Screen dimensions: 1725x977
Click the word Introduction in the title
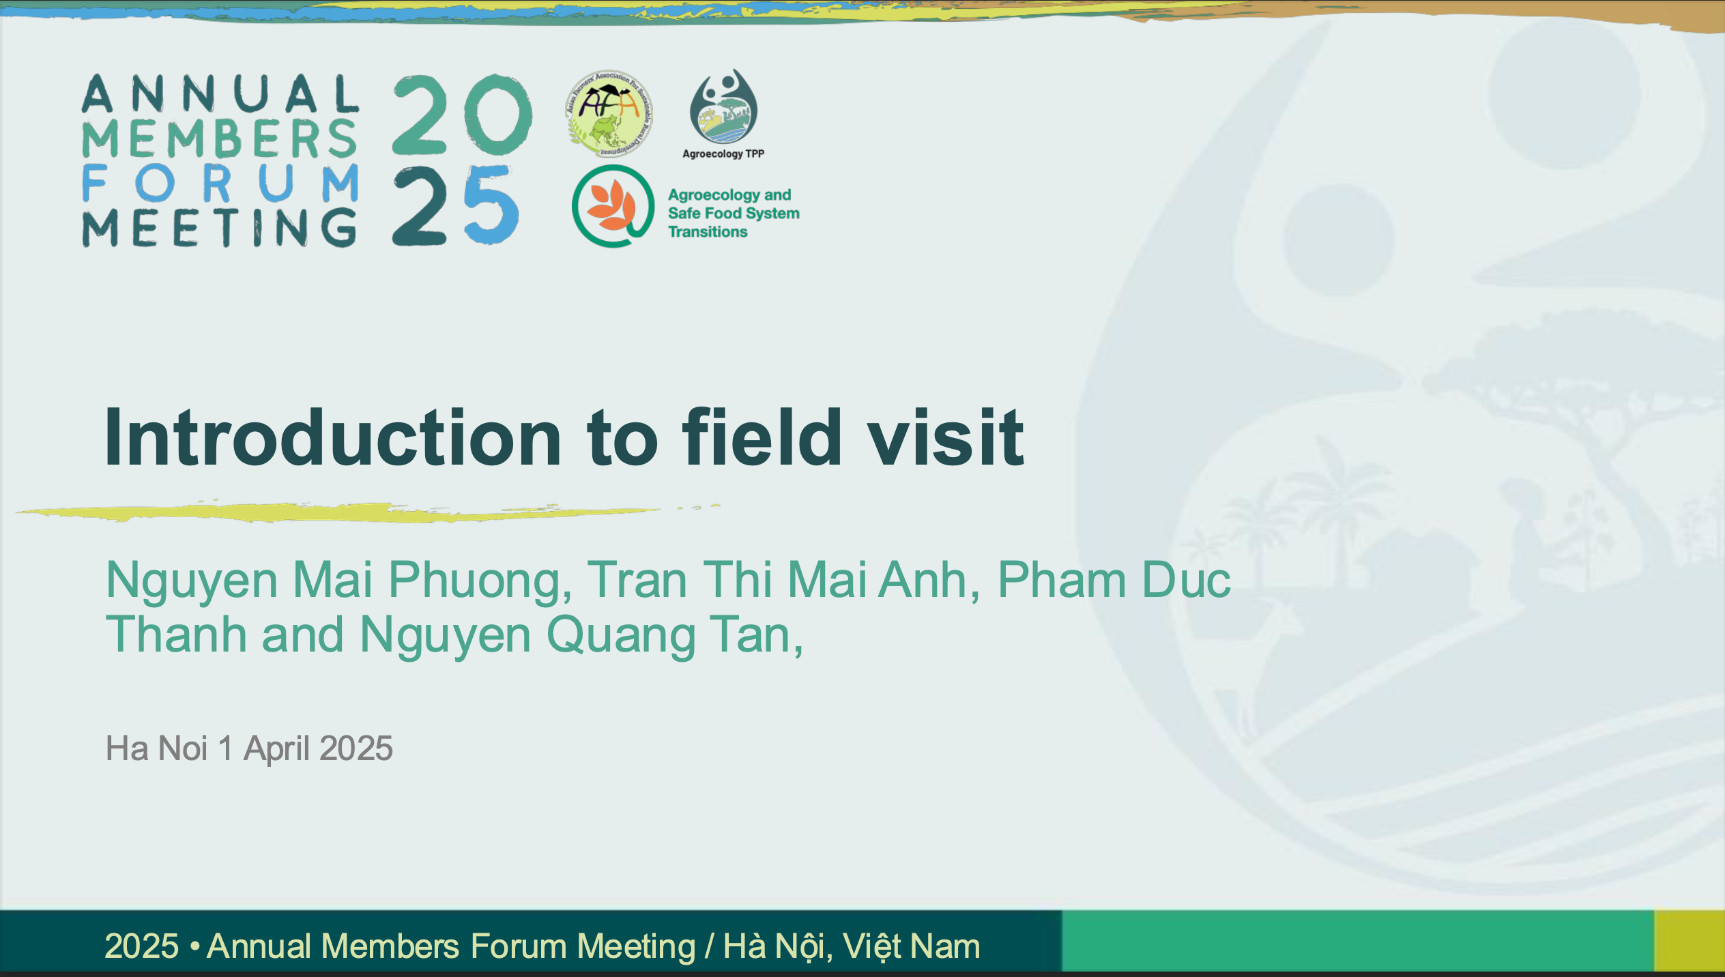click(x=333, y=437)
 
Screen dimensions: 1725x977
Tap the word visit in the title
click(x=946, y=437)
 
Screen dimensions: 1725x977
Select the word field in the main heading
click(x=762, y=437)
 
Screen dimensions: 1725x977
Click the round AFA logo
click(x=609, y=113)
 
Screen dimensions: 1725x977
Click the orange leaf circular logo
click(x=613, y=205)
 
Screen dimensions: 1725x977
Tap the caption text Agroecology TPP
click(x=723, y=154)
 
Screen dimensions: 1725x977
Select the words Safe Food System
click(x=734, y=214)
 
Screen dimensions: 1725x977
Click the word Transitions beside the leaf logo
click(x=708, y=232)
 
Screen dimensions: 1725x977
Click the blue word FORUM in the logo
click(x=220, y=183)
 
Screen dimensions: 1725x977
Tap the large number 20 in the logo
click(x=462, y=115)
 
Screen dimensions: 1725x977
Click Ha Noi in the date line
click(x=156, y=748)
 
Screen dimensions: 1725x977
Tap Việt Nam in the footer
click(x=912, y=947)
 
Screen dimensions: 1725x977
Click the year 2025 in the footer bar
click(x=141, y=947)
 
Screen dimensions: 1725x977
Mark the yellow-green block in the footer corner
click(x=1690, y=940)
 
